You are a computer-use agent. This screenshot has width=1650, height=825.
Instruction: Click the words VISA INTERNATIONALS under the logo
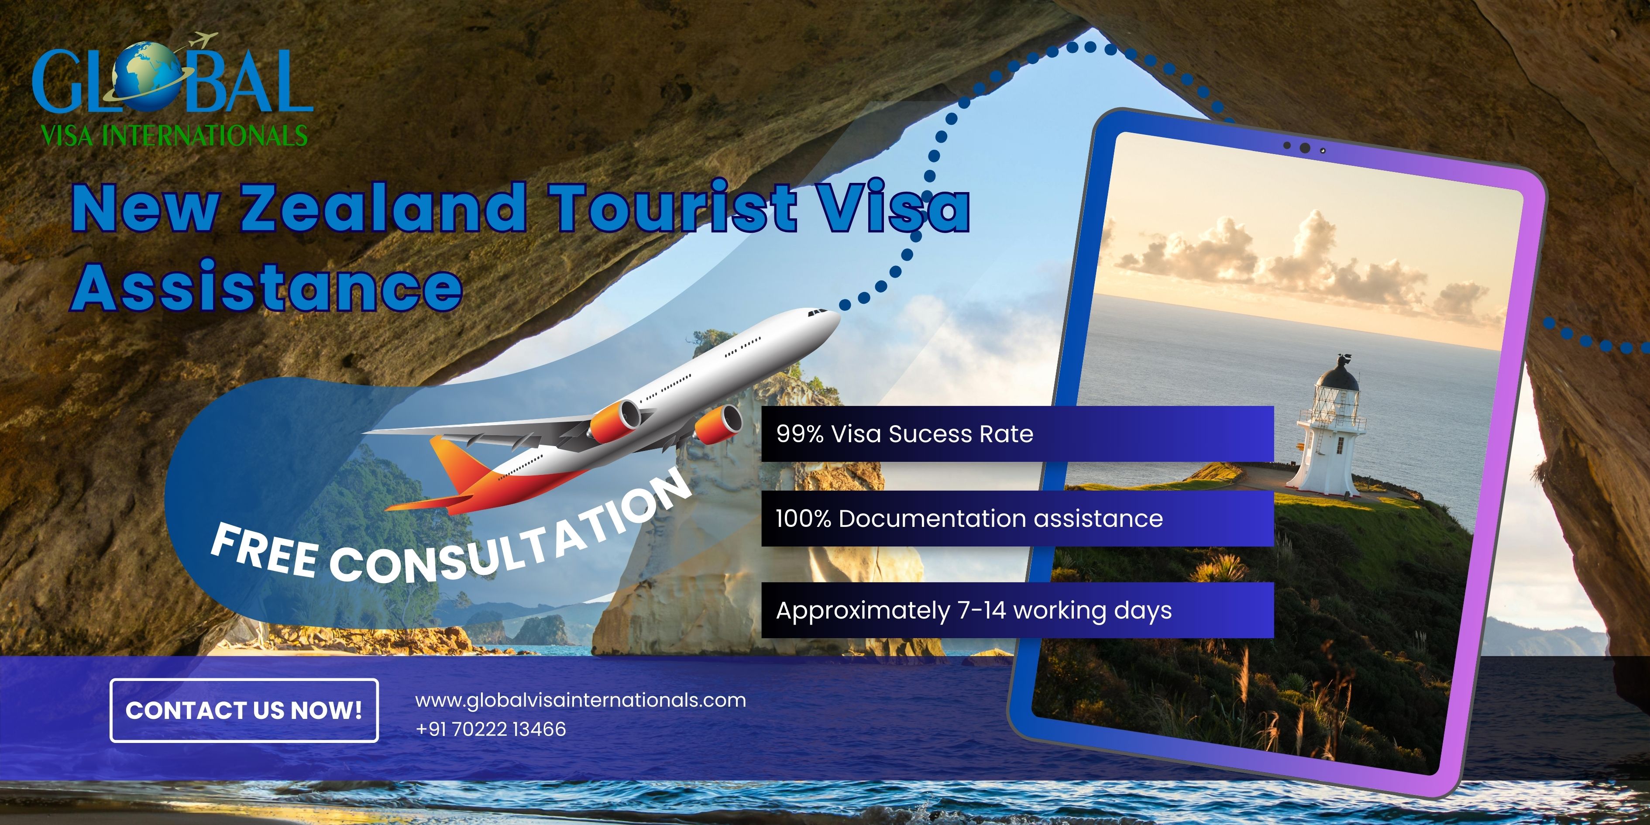pos(174,136)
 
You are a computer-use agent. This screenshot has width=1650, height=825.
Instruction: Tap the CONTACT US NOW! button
pos(244,710)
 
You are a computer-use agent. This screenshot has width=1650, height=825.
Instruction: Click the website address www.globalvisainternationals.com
pos(580,700)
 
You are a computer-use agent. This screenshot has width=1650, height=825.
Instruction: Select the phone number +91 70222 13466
pos(491,729)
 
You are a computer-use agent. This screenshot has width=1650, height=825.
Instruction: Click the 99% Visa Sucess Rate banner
pos(1017,433)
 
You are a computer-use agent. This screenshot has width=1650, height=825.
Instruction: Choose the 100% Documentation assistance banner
pos(1017,518)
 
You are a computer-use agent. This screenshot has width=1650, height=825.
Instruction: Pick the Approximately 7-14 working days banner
pos(1017,610)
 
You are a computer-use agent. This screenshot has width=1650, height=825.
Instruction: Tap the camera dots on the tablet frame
pos(1305,148)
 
